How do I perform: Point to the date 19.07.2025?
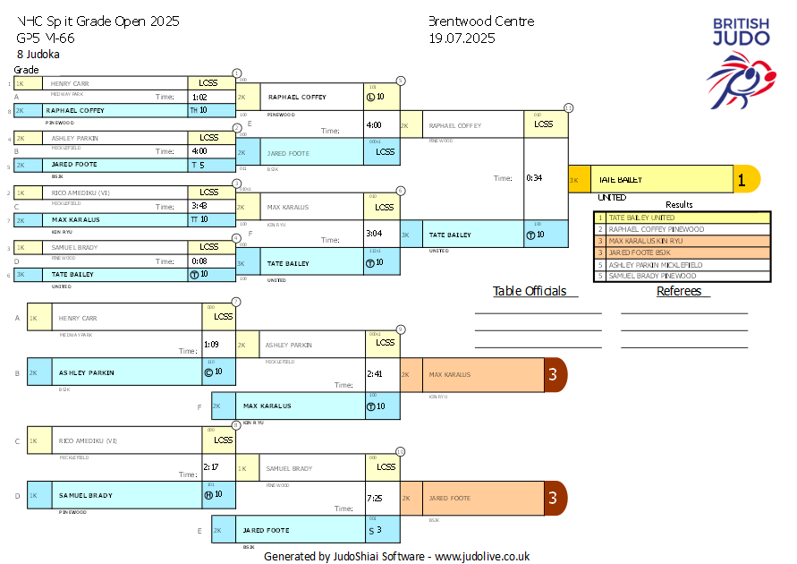(462, 38)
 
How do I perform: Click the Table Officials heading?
(530, 291)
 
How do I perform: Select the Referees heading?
(679, 291)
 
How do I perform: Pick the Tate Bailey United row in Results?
(683, 218)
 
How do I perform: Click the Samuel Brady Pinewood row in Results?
(683, 277)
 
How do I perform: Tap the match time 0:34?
(536, 177)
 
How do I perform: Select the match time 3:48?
(199, 206)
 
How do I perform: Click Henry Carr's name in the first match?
(70, 83)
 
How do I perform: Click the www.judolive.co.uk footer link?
(482, 556)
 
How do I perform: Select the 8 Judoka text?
(38, 54)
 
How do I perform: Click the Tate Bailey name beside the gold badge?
(621, 179)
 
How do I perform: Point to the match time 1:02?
(199, 97)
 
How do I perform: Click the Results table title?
(679, 204)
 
